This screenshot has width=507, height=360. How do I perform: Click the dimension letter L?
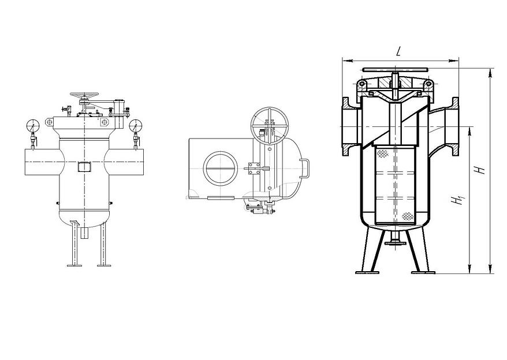[x=398, y=51]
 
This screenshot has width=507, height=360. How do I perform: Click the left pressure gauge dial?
[x=32, y=125]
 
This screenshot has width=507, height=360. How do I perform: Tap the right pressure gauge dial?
[x=136, y=125]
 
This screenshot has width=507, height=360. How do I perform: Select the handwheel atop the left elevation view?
[x=84, y=96]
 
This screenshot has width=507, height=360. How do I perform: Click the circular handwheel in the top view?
[x=269, y=125]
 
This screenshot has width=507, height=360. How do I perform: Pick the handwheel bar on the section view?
[x=396, y=69]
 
